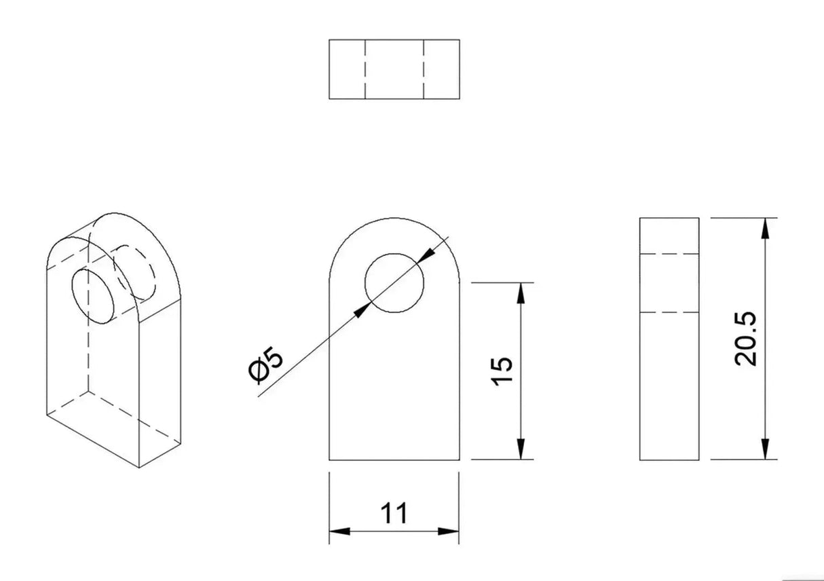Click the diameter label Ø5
266,364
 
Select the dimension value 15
502,371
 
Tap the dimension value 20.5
745,339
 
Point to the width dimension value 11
394,513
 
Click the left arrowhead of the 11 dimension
339,531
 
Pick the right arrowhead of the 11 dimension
449,531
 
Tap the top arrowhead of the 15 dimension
521,293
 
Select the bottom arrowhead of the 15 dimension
521,449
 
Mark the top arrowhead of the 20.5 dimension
766,228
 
